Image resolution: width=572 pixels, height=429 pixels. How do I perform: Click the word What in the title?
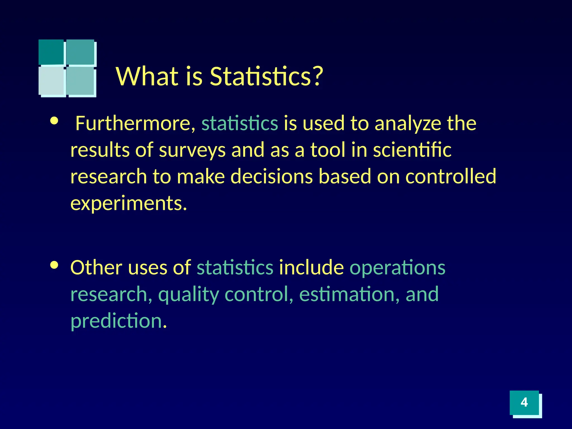[147, 76]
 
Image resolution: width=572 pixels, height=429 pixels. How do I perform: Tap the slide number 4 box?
[524, 402]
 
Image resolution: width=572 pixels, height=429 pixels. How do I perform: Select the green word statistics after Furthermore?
[240, 123]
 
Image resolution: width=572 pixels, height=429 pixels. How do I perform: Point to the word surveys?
[192, 150]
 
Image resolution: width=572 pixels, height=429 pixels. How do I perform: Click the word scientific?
[412, 150]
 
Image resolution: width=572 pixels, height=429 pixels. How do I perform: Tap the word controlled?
[451, 177]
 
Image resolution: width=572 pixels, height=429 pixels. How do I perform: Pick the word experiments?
[128, 203]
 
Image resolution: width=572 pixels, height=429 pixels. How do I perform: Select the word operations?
[397, 267]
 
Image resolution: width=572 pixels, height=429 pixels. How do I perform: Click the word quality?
[189, 295]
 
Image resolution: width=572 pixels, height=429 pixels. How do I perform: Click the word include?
[311, 267]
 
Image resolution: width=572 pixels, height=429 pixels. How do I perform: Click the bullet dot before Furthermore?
[54, 121]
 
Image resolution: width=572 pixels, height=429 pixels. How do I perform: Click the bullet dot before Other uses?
[54, 265]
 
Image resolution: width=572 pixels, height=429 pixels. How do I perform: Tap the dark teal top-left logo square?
[51, 52]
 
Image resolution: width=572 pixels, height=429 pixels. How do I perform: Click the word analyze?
[407, 124]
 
